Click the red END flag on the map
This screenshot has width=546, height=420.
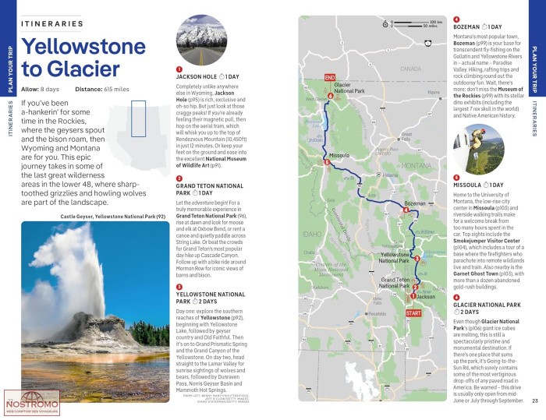click(329, 77)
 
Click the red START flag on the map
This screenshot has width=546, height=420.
click(413, 313)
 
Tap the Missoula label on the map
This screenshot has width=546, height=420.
click(339, 155)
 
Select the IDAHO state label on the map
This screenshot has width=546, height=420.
click(313, 233)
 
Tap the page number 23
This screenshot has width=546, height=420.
click(535, 401)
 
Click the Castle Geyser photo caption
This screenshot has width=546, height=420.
click(112, 216)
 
